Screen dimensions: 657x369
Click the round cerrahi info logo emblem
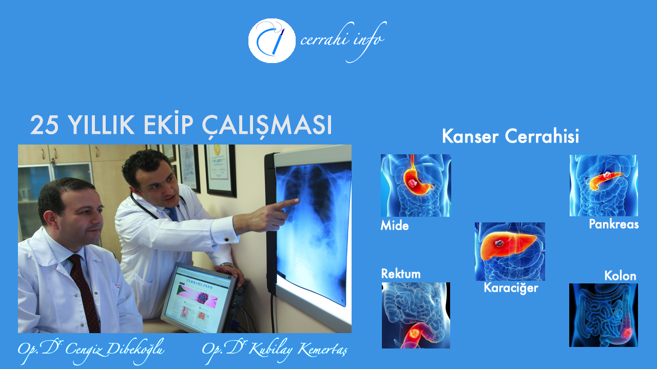pos(272,40)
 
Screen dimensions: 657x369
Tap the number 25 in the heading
pos(44,125)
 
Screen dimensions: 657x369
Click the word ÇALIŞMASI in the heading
pos(267,125)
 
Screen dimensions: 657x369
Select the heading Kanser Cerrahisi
pos(510,136)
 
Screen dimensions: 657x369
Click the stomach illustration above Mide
pos(416,186)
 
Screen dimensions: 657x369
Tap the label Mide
pos(395,226)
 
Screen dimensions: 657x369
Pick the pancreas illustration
pos(604,186)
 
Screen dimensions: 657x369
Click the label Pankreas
pos(613,224)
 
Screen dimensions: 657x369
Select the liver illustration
pos(510,251)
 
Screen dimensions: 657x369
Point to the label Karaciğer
pos(511,288)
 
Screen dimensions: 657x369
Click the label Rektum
pos(401,274)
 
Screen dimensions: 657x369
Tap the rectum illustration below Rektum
pos(416,315)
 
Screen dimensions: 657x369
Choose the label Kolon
pos(620,276)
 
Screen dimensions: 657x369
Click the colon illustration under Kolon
pos(603,315)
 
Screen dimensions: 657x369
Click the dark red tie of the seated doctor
pos(85,293)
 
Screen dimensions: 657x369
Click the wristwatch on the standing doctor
pos(227,265)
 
